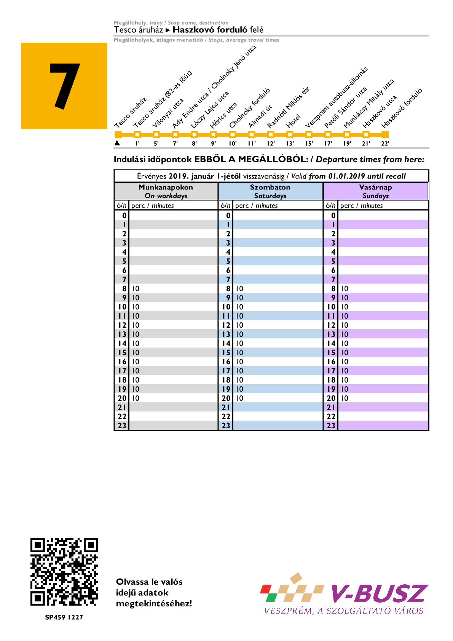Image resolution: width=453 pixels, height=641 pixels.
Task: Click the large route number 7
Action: coord(65,86)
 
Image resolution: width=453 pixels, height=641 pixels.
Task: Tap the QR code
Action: coord(64,572)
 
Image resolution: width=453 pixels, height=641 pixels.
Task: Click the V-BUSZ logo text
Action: coord(379,593)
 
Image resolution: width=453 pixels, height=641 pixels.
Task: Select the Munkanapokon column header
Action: coord(166,191)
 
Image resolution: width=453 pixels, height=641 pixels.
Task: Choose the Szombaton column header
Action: coord(270,191)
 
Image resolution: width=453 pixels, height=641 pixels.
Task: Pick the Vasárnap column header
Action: coord(375,191)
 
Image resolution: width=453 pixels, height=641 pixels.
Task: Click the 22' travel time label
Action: coord(385,144)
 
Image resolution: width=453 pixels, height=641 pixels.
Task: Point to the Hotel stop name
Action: coord(293,121)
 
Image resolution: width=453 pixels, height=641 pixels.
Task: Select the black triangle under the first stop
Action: coord(117,143)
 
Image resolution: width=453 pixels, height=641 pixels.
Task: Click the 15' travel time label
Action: coord(309,144)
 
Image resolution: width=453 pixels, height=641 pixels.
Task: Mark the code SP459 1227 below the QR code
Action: coord(64,617)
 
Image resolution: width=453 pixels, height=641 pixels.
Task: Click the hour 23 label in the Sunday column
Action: coord(331,426)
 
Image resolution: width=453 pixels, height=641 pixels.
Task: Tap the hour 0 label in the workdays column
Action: coord(124,215)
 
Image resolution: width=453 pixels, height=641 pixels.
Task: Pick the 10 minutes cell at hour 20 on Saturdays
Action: coord(239,398)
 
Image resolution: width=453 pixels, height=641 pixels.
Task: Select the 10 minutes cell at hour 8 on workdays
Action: coord(136,289)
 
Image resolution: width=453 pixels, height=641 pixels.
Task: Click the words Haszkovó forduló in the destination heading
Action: coord(210,30)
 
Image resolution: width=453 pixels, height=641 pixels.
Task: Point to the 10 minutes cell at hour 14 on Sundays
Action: coord(345,343)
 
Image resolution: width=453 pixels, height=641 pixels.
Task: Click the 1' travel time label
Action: coord(137,144)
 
